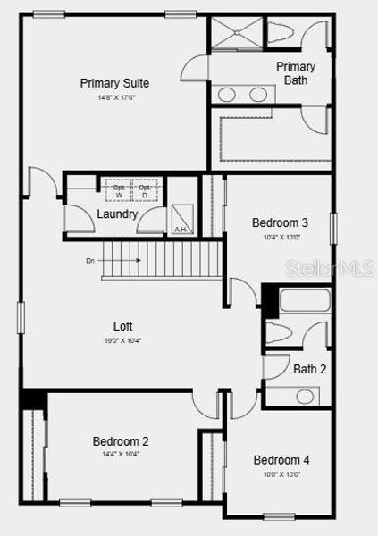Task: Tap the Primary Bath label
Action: point(295,73)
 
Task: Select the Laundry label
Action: point(117,214)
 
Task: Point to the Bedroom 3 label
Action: point(280,222)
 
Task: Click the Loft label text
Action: point(122,326)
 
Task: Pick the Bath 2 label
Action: point(309,368)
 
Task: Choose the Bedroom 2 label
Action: point(121,441)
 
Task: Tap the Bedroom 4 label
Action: point(281,460)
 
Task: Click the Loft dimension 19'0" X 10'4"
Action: point(122,340)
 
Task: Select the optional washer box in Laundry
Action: point(119,190)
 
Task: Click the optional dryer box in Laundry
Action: point(144,190)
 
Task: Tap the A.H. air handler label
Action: point(180,230)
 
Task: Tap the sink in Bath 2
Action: point(305,396)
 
